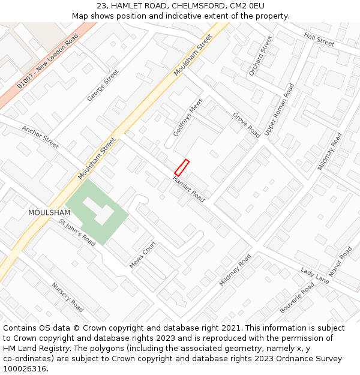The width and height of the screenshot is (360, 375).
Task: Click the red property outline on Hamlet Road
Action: tap(182, 167)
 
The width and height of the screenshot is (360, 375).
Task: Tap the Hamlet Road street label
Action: tap(188, 189)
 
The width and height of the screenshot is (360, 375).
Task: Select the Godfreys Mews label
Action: tap(188, 117)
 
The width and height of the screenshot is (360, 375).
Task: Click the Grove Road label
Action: tap(246, 125)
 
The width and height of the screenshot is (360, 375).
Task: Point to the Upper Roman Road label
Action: tap(280, 109)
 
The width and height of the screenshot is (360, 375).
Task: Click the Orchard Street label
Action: tap(260, 56)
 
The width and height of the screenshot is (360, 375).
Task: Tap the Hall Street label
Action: tap(319, 40)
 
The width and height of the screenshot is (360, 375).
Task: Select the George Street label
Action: tap(103, 85)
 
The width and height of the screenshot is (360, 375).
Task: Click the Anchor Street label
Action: tap(40, 137)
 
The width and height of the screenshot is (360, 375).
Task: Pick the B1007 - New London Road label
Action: tap(47, 62)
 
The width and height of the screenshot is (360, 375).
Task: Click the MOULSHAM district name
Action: tap(49, 213)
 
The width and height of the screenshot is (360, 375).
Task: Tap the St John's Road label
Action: tap(77, 232)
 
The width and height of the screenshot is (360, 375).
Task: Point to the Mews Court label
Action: tap(143, 254)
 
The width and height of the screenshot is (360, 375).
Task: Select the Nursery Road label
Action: tap(67, 297)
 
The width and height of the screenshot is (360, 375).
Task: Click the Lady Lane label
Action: tap(315, 276)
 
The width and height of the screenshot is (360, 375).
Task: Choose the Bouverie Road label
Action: tap(297, 298)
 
